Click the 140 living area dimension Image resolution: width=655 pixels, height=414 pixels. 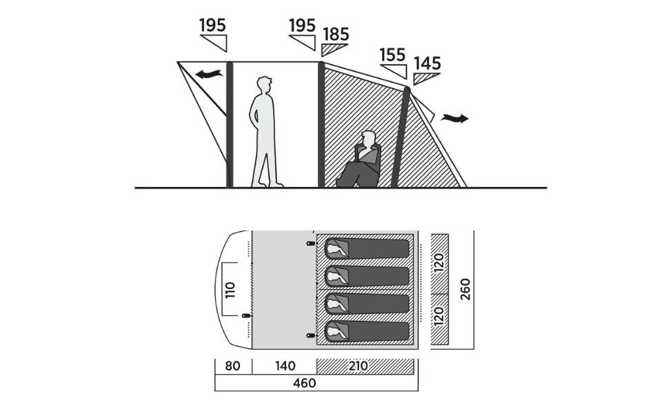(284, 366)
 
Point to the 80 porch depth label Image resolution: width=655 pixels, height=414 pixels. (232, 366)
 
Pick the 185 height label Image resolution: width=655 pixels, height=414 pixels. (335, 34)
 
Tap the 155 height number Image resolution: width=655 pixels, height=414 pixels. (392, 55)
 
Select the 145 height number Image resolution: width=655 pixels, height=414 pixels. (427, 64)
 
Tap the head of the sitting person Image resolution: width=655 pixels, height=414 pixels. (369, 139)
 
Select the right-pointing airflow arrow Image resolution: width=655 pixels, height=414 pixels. (454, 118)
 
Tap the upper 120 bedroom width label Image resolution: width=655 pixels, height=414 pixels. (439, 262)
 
